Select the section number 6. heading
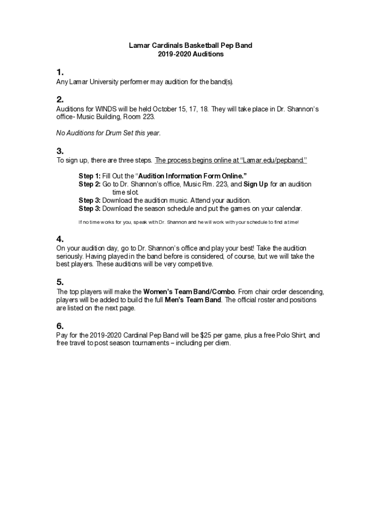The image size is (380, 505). click(60, 325)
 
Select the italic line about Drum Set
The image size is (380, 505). click(109, 133)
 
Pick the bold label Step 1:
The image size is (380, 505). click(89, 176)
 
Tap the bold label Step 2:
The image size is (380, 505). click(89, 184)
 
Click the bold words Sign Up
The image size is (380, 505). click(256, 184)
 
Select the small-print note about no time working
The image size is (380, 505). click(189, 222)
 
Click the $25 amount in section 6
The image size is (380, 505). click(206, 335)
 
